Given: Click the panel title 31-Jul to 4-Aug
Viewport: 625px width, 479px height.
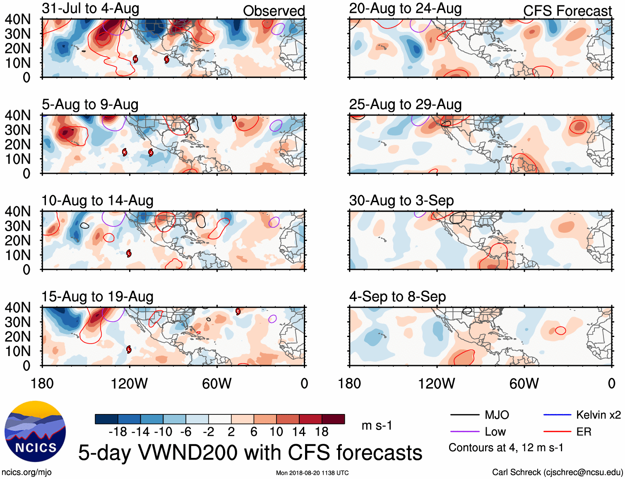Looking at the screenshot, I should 91,9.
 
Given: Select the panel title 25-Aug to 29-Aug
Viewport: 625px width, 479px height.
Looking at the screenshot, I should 405,105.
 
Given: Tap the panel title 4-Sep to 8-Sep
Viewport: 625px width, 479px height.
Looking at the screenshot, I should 397,297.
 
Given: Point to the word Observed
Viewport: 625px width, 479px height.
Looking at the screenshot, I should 274,11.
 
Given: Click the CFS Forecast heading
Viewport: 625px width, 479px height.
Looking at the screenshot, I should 567,11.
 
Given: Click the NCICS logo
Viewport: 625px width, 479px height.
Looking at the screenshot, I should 35,431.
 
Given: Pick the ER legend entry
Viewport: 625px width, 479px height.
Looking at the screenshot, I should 584,432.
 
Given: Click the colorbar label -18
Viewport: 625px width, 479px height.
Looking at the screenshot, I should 118,432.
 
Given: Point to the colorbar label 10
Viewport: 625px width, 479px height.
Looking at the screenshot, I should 276,432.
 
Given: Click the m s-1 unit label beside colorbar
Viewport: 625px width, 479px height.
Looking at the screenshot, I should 377,426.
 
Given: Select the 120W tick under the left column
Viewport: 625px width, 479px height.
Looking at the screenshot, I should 129,383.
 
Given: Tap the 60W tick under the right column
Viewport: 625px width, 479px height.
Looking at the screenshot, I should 524,383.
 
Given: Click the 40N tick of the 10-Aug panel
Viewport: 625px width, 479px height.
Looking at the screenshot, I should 18,212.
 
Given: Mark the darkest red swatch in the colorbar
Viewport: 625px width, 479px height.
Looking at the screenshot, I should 333,419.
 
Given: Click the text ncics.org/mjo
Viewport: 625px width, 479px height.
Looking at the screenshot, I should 26,472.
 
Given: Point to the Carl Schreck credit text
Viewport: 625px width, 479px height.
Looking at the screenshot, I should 557,472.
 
